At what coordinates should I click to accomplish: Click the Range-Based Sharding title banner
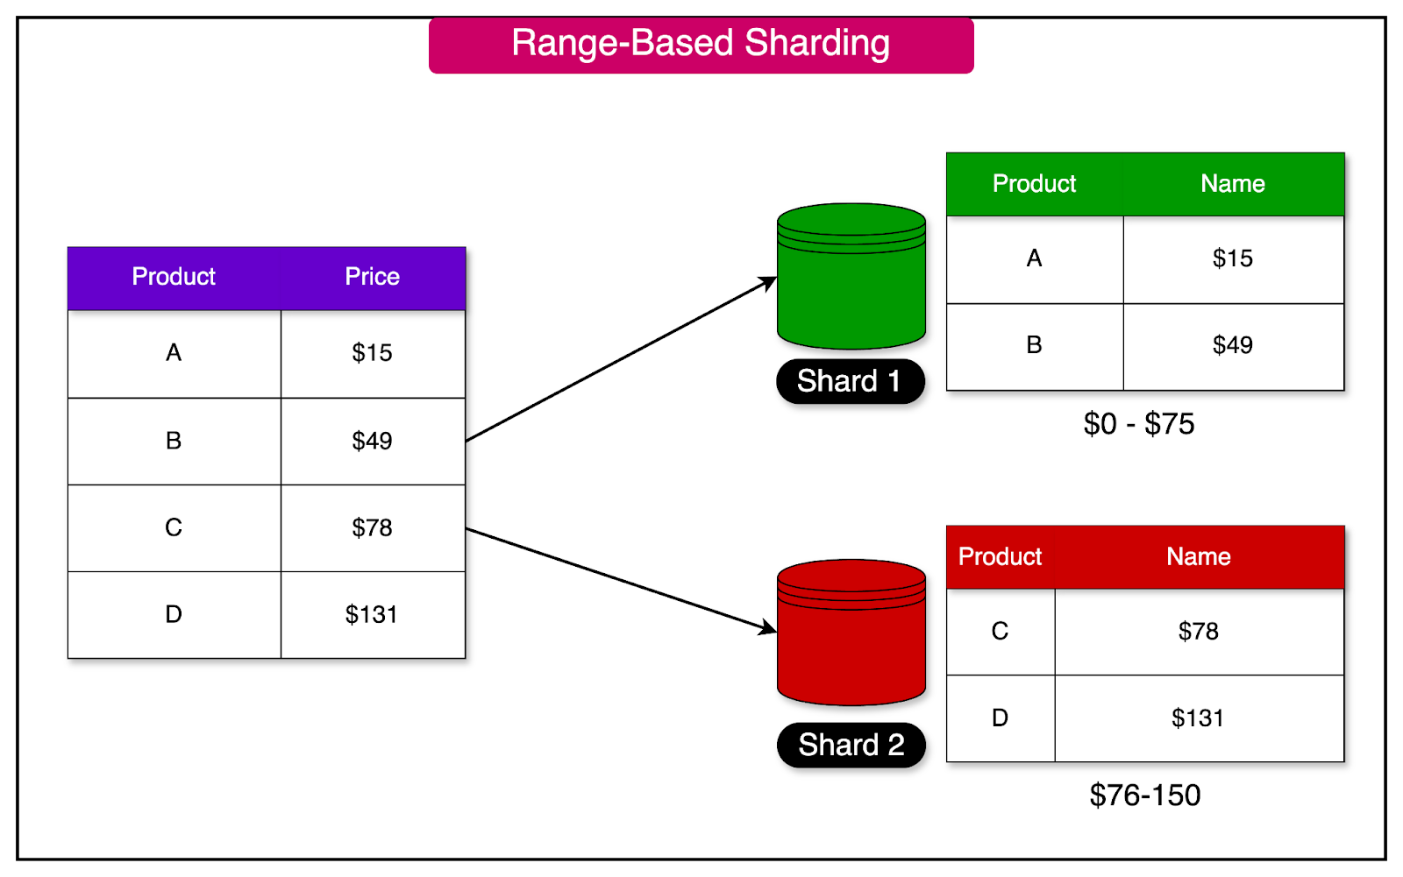click(701, 45)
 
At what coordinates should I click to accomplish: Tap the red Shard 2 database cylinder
click(851, 634)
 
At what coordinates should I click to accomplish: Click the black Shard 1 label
click(850, 382)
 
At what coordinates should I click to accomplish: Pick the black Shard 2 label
click(851, 746)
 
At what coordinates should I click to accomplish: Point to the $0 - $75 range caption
click(1139, 424)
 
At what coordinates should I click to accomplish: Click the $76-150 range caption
click(1144, 796)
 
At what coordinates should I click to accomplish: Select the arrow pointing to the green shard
click(621, 359)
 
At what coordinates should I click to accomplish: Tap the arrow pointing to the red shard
click(621, 579)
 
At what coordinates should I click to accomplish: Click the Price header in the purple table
click(372, 277)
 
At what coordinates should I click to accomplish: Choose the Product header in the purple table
click(174, 277)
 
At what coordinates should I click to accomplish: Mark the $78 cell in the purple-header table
click(372, 527)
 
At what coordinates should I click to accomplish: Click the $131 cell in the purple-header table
click(372, 615)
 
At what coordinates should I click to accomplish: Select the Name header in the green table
click(1232, 184)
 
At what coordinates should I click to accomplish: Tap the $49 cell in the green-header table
click(1232, 345)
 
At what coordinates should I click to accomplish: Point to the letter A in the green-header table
click(1034, 258)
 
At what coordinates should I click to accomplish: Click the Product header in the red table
click(1000, 557)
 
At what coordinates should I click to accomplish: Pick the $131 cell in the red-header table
click(1198, 718)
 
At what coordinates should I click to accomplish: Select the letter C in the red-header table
click(1000, 632)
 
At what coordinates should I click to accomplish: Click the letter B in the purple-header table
click(174, 441)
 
